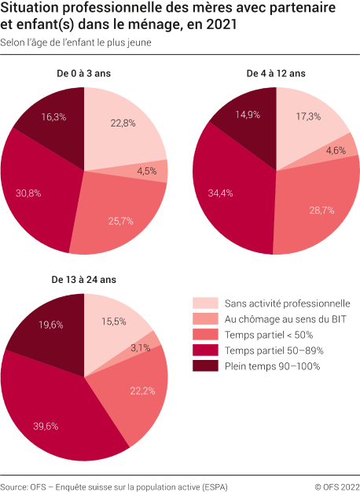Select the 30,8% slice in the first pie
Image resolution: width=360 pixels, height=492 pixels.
[28, 192]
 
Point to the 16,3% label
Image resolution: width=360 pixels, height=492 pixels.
[53, 116]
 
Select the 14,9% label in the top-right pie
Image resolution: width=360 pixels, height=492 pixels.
[248, 114]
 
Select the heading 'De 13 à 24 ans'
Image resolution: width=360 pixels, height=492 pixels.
[83, 279]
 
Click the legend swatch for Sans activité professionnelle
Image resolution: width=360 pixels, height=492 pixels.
[206, 303]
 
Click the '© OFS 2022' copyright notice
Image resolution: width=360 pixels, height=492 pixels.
[336, 487]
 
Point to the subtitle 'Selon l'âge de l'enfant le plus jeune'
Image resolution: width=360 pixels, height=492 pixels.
[75, 42]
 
